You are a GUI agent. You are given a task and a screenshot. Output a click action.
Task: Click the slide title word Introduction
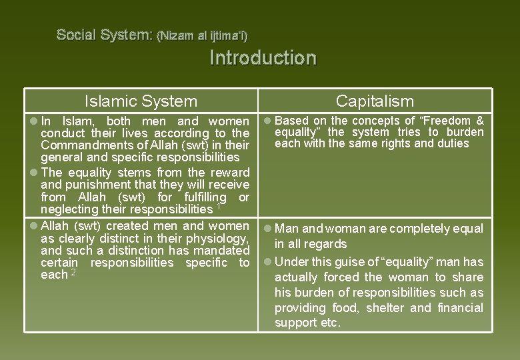click(263, 58)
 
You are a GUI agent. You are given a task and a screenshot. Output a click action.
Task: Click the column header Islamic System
click(141, 101)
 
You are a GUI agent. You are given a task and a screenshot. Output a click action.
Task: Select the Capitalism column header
click(375, 101)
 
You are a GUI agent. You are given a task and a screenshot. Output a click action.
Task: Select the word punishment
click(98, 185)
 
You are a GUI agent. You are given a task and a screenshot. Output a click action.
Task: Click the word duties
click(453, 143)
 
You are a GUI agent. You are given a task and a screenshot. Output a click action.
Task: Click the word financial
click(459, 307)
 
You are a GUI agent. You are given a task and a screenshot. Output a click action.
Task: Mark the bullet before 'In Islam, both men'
click(33, 122)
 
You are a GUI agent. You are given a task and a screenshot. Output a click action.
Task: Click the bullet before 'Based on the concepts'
click(267, 121)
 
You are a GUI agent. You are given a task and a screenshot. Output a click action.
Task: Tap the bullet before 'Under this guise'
click(267, 261)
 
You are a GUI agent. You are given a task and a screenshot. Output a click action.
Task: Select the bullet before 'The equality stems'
click(33, 173)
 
